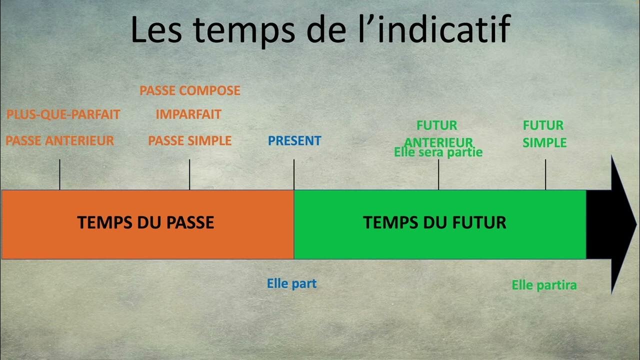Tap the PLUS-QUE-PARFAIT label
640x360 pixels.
[63, 114]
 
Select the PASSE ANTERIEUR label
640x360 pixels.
[60, 141]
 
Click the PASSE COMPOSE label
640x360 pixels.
[190, 90]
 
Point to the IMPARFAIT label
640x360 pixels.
[188, 114]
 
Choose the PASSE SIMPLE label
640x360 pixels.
[190, 141]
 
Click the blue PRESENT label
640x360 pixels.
[294, 141]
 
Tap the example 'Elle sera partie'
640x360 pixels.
[438, 152]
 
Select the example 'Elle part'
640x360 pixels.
[292, 284]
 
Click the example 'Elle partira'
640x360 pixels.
[544, 285]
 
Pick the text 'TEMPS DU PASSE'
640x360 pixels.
[145, 222]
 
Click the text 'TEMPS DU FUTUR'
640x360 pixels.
[434, 222]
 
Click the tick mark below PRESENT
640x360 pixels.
[294, 174]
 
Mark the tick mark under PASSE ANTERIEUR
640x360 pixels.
[60, 174]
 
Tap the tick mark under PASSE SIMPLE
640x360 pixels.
[189, 174]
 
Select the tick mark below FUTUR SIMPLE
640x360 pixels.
[545, 174]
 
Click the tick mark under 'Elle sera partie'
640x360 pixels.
[438, 174]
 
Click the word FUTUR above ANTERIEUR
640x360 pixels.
[437, 125]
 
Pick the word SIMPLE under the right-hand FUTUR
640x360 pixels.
[544, 143]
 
